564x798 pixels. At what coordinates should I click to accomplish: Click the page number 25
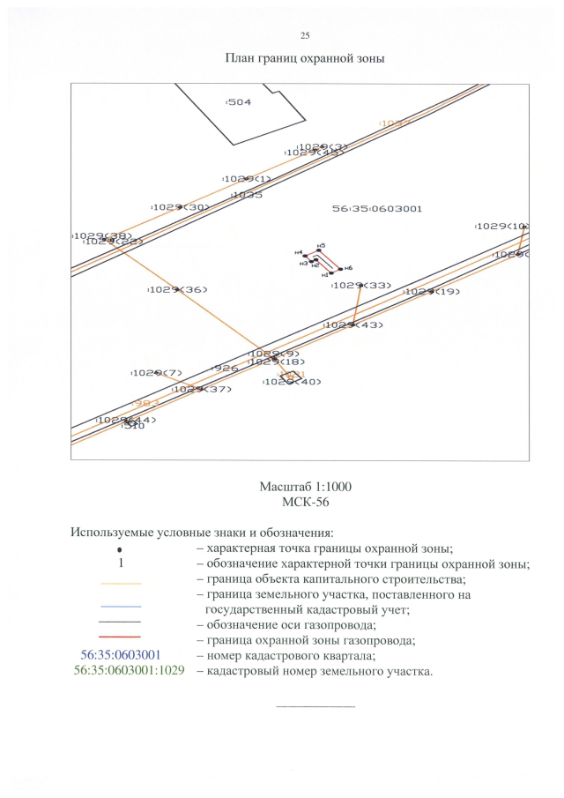pyautogui.click(x=305, y=35)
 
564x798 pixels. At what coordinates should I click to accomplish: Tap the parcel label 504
pyautogui.click(x=239, y=102)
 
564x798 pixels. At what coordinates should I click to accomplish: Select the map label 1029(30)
pyautogui.click(x=181, y=207)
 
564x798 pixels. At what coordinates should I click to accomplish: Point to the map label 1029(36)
pyautogui.click(x=179, y=289)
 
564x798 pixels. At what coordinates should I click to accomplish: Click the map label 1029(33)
pyautogui.click(x=362, y=286)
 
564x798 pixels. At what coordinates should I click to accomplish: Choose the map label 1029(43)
pyautogui.click(x=354, y=325)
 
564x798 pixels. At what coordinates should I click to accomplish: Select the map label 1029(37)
pyautogui.click(x=202, y=389)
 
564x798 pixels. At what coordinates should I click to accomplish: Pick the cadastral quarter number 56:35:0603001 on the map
pyautogui.click(x=377, y=209)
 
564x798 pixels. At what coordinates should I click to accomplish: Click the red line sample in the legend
pyautogui.click(x=121, y=636)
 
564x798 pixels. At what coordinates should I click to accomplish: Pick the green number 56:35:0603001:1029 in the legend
pyautogui.click(x=130, y=672)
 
